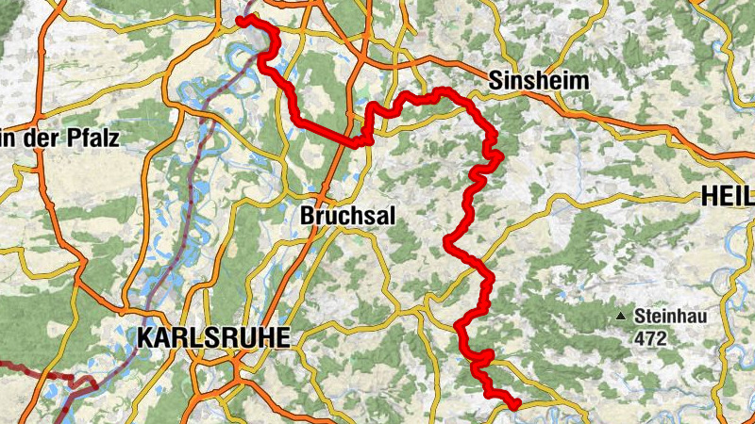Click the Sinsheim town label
pyautogui.click(x=539, y=82)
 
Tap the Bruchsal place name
pyautogui.click(x=347, y=216)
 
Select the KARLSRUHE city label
pyautogui.click(x=213, y=338)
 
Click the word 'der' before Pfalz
pyautogui.click(x=44, y=139)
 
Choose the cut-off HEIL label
pyautogui.click(x=728, y=197)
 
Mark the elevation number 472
pyautogui.click(x=651, y=337)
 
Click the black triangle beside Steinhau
pyautogui.click(x=621, y=317)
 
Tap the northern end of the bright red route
pyautogui.click(x=241, y=20)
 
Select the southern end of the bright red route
pyautogui.click(x=516, y=405)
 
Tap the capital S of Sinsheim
pyautogui.click(x=495, y=82)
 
